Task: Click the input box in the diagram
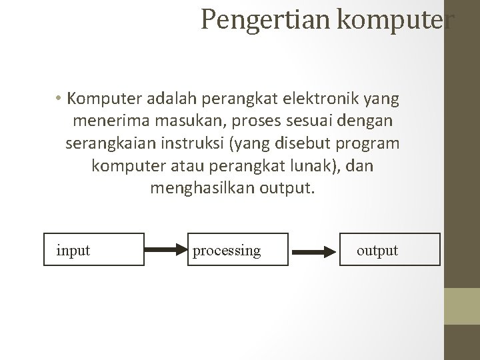point(95,249)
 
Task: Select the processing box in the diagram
point(238,249)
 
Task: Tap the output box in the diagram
point(390,249)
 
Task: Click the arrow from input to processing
point(167,250)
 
